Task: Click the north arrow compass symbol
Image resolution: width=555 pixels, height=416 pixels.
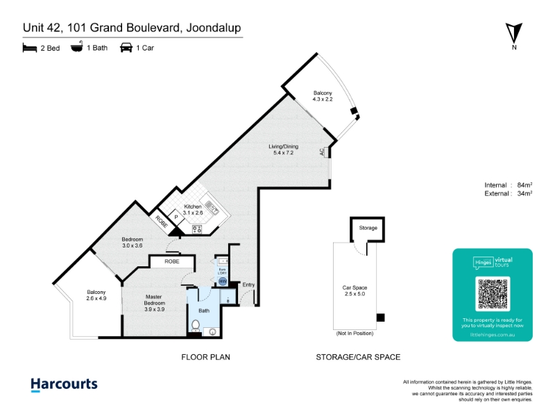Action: point(514,33)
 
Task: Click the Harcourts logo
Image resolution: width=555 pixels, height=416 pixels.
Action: point(64,385)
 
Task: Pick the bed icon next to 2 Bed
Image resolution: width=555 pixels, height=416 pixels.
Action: point(29,48)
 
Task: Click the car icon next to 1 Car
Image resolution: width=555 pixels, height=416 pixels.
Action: point(126,48)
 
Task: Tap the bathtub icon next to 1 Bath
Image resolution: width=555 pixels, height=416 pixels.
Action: point(77,48)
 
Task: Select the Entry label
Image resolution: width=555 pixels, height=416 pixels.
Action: point(248,285)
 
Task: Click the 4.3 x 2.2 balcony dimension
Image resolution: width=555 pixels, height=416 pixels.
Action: point(323,100)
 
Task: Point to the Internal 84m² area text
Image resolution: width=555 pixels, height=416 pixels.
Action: point(508,184)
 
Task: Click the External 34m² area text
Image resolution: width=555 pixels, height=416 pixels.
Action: point(508,193)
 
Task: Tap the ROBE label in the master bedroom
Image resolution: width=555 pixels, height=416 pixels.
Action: point(172,262)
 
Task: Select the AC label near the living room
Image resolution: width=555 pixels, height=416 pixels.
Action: point(323,152)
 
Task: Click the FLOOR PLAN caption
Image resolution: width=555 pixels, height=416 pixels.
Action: point(205,357)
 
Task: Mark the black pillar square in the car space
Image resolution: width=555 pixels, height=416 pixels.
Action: point(380,318)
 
